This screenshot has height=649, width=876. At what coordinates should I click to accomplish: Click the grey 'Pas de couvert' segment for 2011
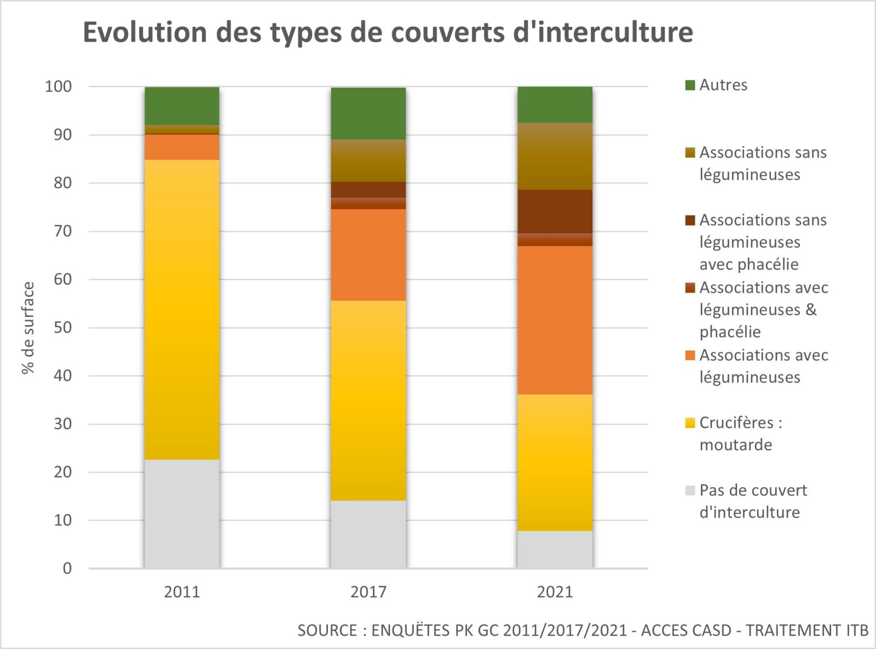pos(182,513)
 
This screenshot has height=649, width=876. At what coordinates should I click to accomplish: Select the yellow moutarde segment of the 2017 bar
pos(368,400)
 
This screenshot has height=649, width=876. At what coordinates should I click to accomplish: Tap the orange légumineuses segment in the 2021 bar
pos(555,320)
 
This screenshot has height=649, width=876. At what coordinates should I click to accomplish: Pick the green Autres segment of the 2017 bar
pos(368,113)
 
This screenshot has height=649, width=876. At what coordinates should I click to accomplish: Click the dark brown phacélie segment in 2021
pos(555,211)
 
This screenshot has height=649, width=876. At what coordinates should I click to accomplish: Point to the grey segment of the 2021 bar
pos(555,549)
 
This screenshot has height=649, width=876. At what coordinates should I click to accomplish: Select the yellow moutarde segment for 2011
pos(182,309)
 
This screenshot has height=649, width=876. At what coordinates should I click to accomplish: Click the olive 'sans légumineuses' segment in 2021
pos(555,156)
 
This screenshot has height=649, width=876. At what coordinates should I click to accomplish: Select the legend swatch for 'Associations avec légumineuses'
pos(690,355)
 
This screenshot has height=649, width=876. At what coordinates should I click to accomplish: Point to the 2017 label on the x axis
pos(368,592)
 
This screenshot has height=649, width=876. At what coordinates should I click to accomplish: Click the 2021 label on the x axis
pos(555,592)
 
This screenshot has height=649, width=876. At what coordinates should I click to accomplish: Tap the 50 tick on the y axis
pos(63,328)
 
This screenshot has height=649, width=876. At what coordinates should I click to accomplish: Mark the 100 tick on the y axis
pos(58,87)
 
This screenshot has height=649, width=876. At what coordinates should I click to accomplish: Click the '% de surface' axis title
pos(28,328)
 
